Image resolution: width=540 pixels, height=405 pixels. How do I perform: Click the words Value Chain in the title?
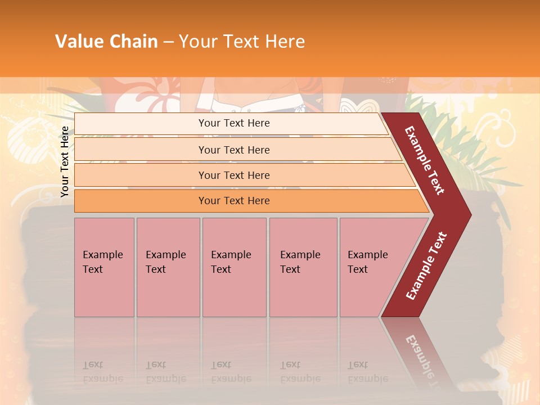click(106, 41)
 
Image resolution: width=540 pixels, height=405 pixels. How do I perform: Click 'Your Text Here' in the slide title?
click(242, 41)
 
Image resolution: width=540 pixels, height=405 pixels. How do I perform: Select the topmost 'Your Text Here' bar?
click(233, 123)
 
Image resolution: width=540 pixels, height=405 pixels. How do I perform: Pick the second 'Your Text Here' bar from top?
click(233, 150)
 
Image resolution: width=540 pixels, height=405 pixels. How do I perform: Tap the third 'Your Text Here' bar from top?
click(233, 175)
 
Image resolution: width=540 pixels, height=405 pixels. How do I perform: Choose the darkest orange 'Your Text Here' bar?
click(233, 201)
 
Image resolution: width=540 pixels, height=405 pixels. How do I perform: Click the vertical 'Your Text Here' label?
click(65, 161)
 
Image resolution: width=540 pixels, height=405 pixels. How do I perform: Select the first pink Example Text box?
click(104, 267)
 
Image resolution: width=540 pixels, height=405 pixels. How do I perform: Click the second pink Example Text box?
click(168, 267)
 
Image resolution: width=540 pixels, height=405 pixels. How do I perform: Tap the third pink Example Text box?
click(233, 267)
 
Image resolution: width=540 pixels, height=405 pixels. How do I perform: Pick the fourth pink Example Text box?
click(303, 267)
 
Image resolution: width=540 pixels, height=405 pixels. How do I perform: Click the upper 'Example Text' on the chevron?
click(425, 160)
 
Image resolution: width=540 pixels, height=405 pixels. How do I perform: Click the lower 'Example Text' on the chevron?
click(426, 266)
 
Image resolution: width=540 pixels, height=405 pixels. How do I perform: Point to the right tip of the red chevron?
click(469, 215)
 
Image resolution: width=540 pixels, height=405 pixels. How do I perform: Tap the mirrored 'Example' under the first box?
click(103, 379)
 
